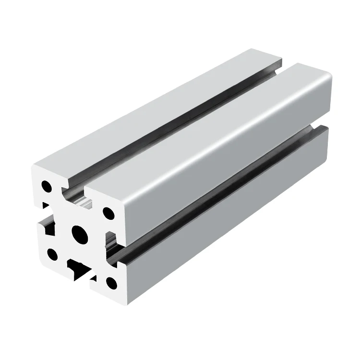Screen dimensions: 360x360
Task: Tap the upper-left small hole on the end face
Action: [47, 185]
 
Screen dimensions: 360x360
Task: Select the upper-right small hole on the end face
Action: [108, 212]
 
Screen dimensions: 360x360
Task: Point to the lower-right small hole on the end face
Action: [111, 283]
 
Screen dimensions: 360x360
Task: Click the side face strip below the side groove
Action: [226, 226]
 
